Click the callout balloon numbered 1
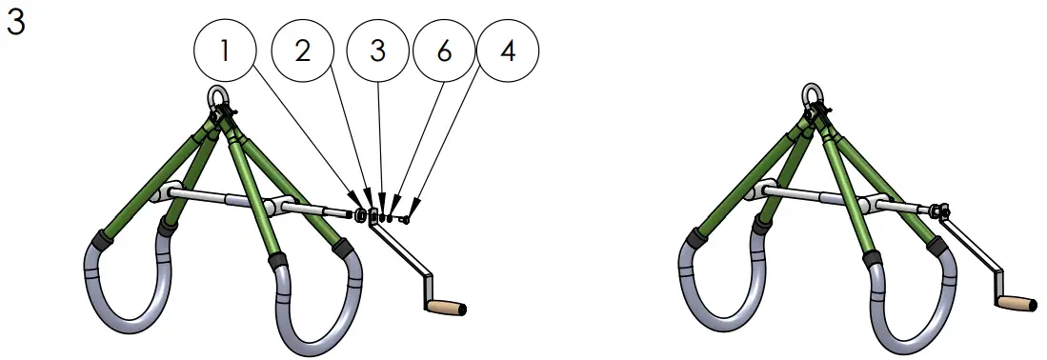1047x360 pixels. point(225,50)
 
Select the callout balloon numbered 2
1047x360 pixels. point(302,50)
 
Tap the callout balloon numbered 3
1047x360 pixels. point(378,50)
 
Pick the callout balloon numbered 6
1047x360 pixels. point(444,50)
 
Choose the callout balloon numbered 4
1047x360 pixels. point(509,50)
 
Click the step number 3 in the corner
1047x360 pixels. point(15,24)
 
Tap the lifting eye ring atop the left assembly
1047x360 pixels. point(217,97)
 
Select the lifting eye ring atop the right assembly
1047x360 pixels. point(812,95)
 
